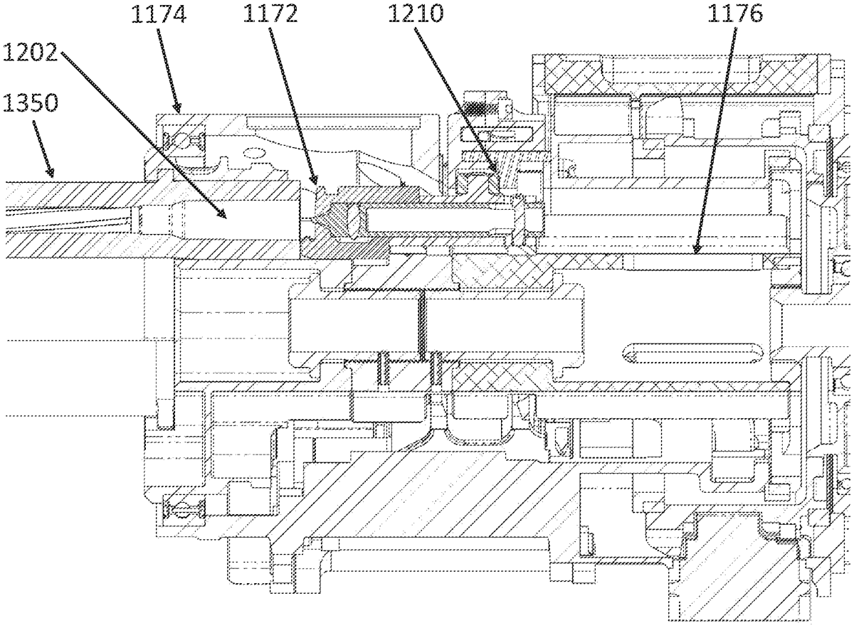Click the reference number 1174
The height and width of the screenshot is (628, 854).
[x=159, y=14]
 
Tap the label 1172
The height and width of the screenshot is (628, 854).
[x=270, y=14]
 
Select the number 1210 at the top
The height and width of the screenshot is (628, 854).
[x=416, y=14]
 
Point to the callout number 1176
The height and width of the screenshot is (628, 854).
[x=735, y=14]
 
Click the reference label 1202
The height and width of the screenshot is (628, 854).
[x=31, y=52]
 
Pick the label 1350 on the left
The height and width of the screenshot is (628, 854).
[x=31, y=103]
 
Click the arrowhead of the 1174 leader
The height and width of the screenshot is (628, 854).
[x=178, y=108]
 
